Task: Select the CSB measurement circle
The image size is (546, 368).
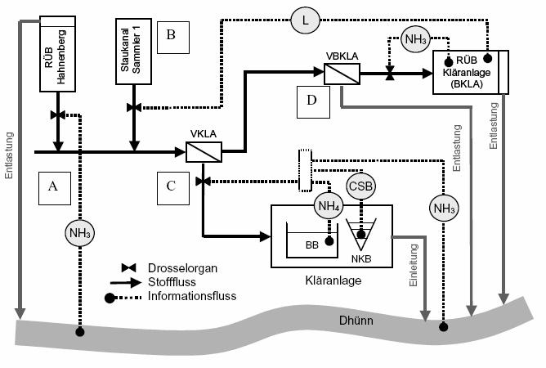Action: [360, 185]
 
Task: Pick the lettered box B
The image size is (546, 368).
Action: [172, 35]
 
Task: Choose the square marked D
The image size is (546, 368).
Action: [313, 102]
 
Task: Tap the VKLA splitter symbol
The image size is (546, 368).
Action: [199, 152]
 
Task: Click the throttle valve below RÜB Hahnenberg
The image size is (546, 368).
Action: [57, 114]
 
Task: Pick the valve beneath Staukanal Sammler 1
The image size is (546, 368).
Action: [133, 107]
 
